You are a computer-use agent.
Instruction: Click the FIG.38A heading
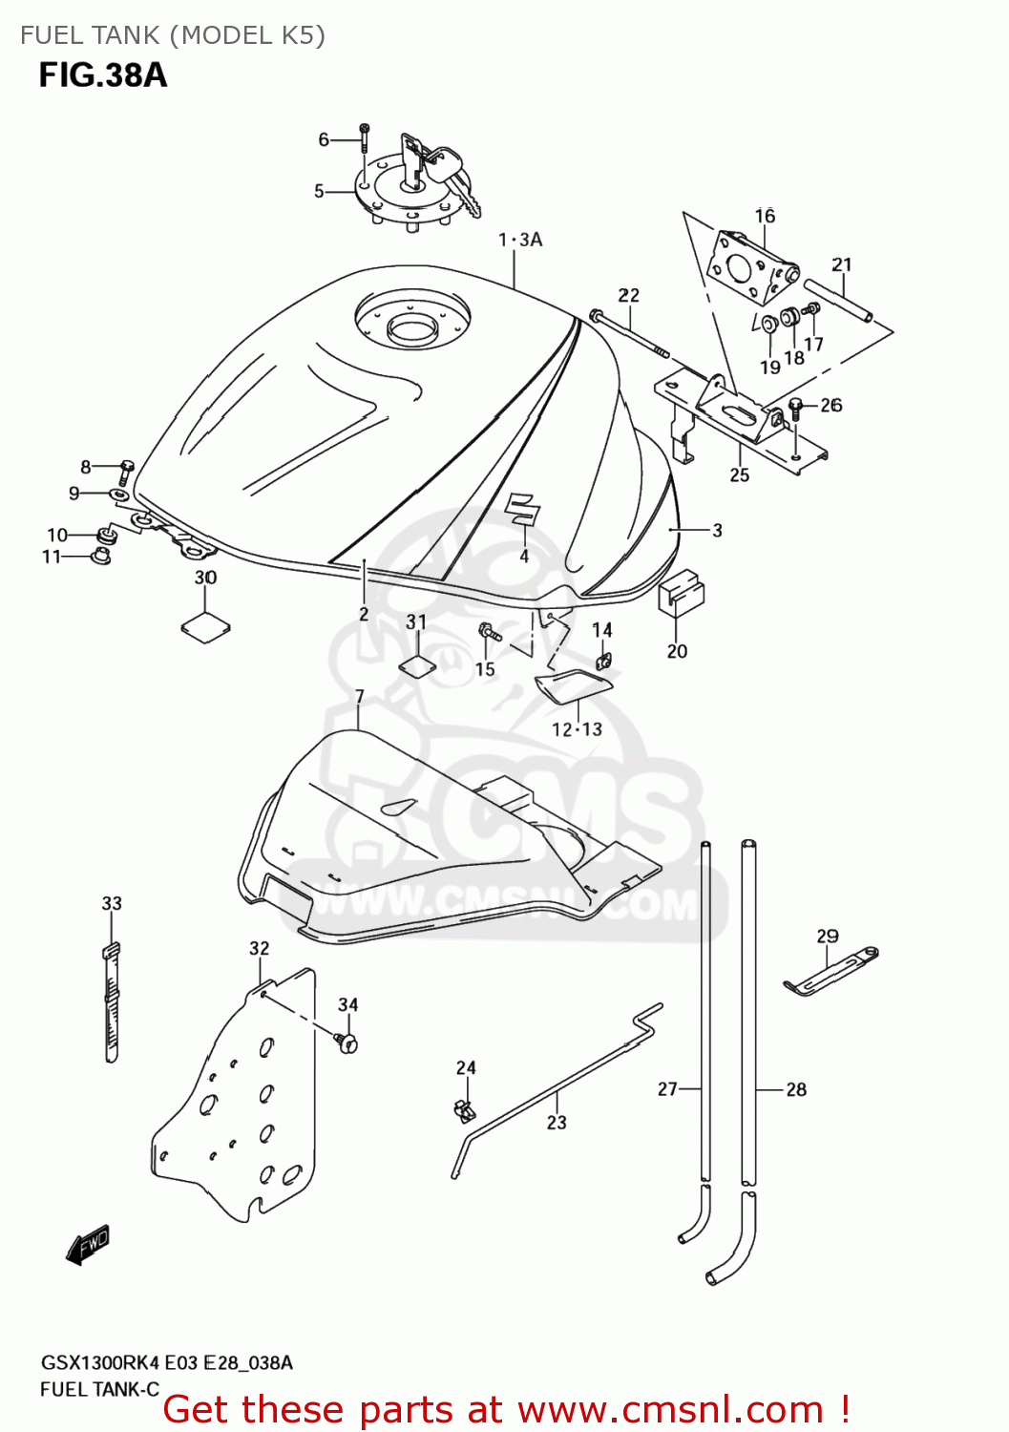(103, 75)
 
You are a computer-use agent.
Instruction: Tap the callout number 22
(628, 295)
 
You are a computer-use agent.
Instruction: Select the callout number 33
(112, 903)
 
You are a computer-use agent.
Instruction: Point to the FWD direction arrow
(89, 1245)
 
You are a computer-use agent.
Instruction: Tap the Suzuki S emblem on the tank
(522, 509)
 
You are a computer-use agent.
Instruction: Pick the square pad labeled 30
(205, 627)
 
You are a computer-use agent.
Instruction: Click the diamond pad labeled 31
(417, 664)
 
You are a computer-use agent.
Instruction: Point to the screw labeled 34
(347, 1042)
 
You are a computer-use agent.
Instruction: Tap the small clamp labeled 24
(463, 1109)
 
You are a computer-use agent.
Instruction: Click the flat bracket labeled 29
(830, 971)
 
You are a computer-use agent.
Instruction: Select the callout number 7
(359, 697)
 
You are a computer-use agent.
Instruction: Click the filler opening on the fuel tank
(412, 330)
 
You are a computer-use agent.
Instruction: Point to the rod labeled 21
(837, 301)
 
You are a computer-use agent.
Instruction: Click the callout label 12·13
(577, 729)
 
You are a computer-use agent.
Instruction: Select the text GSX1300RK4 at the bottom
(100, 1363)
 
